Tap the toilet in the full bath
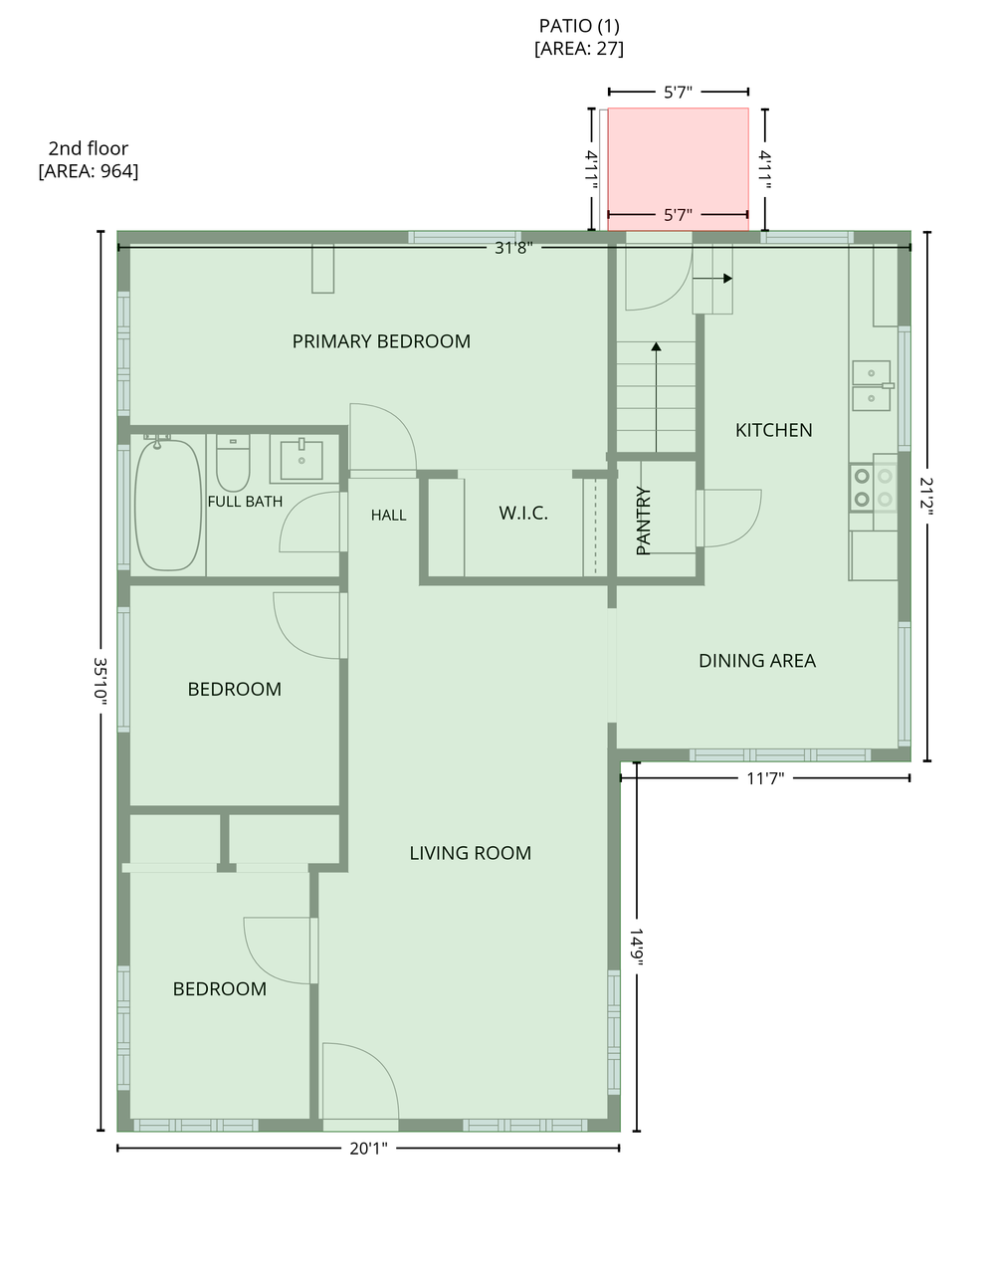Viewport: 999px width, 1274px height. (x=233, y=463)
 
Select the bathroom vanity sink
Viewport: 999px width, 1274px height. (x=301, y=460)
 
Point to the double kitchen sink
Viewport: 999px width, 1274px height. (x=872, y=386)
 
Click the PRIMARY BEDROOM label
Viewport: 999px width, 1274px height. (x=381, y=341)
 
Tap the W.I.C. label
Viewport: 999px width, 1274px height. (x=523, y=513)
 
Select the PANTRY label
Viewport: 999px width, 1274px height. (x=644, y=521)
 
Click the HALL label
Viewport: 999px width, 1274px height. (x=388, y=515)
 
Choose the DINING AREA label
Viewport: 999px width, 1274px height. (x=757, y=661)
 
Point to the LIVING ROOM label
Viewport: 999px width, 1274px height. (x=470, y=853)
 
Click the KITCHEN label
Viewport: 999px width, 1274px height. (x=773, y=430)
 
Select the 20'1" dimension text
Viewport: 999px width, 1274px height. (x=368, y=1149)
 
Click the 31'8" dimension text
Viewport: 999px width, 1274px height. (x=513, y=248)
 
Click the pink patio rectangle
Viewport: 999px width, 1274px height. (x=678, y=169)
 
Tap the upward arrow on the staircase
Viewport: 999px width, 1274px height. (x=657, y=397)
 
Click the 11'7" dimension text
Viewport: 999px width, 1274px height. (x=765, y=778)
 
